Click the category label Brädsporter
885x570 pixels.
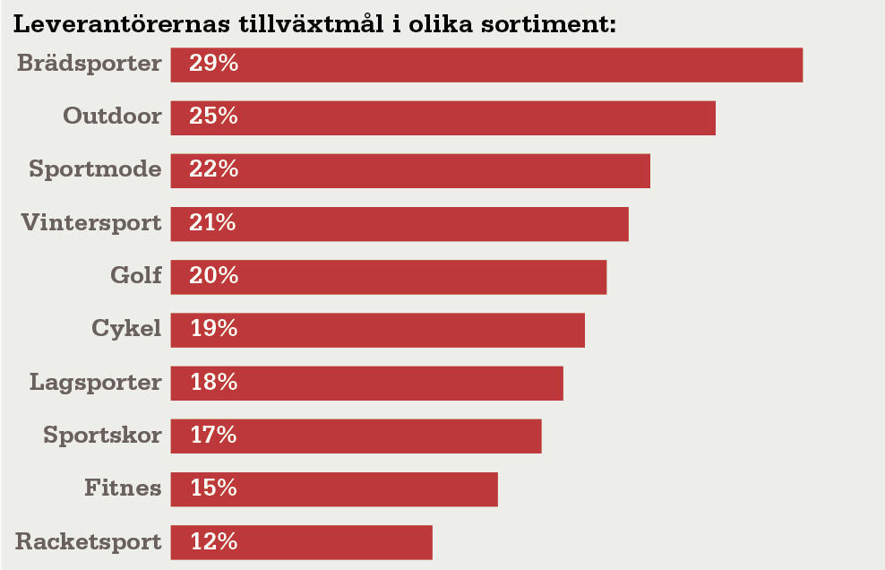point(90,64)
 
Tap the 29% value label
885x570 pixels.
point(213,64)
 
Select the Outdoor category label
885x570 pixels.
point(113,117)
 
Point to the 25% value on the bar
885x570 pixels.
point(213,117)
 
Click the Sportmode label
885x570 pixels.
point(96,169)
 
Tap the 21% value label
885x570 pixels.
point(213,223)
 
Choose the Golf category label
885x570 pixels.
point(136,276)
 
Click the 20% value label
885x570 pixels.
point(213,276)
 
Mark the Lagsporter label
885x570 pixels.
point(96,383)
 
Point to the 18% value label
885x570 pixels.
point(213,383)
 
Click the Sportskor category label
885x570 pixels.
point(103,436)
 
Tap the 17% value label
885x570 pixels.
point(213,436)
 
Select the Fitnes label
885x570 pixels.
point(124,488)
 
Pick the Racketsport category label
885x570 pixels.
point(89,541)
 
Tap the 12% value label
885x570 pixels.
point(213,541)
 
